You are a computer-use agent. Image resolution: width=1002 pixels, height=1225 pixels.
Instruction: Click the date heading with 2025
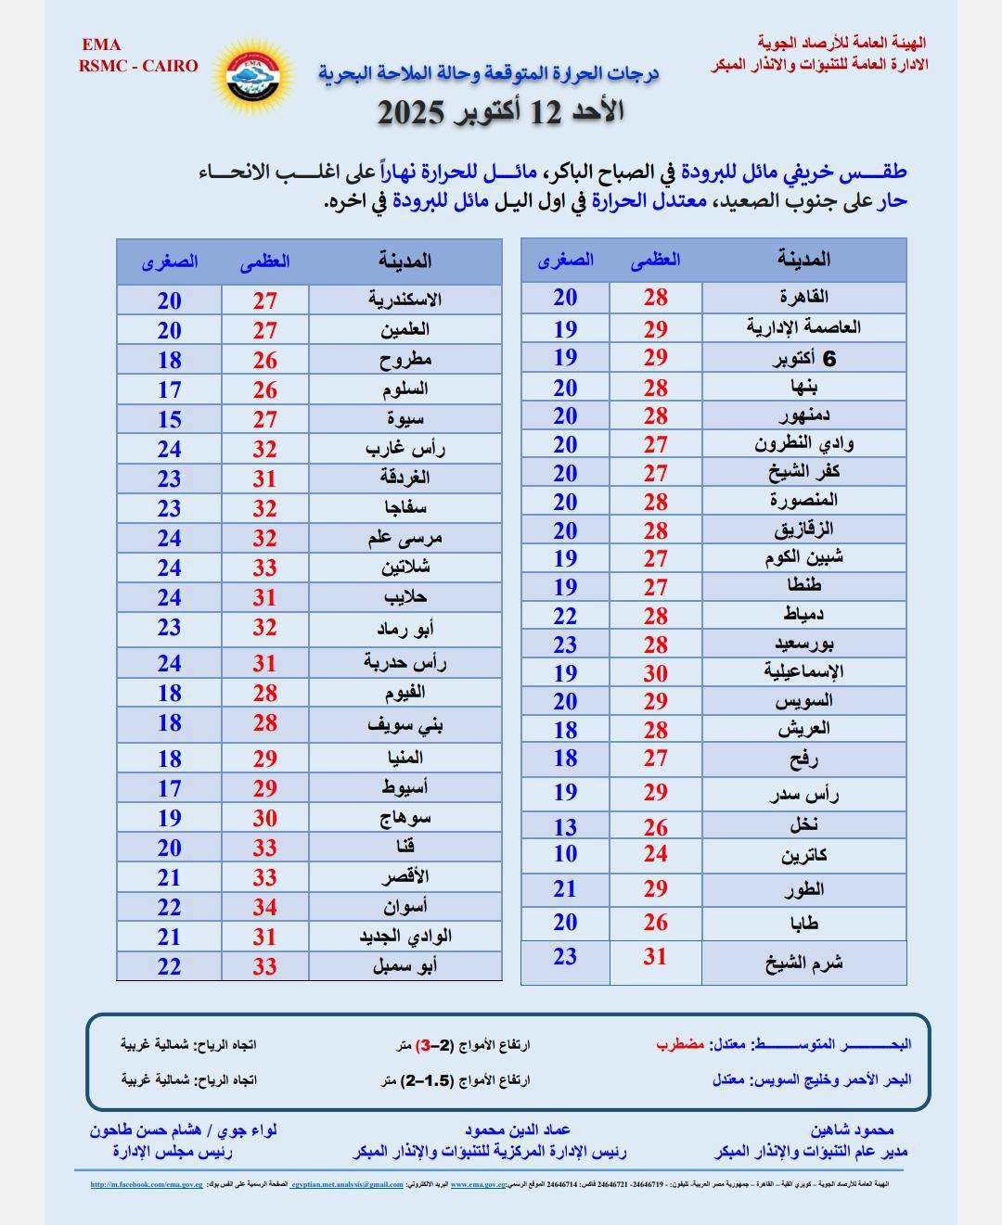500,113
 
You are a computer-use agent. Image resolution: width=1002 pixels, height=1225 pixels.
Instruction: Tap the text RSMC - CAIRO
138,66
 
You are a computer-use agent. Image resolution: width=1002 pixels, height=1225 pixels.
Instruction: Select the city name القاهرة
803,297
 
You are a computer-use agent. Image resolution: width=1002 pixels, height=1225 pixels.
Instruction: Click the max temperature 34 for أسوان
265,907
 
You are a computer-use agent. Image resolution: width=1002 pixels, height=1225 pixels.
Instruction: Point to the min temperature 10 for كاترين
565,854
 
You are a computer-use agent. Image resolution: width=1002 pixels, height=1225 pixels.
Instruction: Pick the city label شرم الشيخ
803,962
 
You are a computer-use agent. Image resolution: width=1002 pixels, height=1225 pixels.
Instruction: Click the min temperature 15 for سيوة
169,419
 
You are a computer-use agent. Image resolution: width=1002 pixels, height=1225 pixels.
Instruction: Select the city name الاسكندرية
405,300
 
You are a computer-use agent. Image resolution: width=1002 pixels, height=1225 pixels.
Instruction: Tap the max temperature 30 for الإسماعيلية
656,673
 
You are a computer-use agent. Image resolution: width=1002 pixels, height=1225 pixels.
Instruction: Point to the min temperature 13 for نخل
565,826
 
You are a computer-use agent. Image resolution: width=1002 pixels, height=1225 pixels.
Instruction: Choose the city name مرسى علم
405,538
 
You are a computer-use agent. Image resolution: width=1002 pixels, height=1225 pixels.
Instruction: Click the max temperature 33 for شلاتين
265,568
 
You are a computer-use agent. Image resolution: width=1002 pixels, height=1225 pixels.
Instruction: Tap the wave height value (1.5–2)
426,1080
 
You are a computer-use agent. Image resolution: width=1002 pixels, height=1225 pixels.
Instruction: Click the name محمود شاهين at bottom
852,1130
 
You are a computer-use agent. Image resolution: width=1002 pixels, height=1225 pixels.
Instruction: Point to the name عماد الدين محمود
518,1130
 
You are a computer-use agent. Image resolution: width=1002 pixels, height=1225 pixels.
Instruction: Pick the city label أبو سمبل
405,966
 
